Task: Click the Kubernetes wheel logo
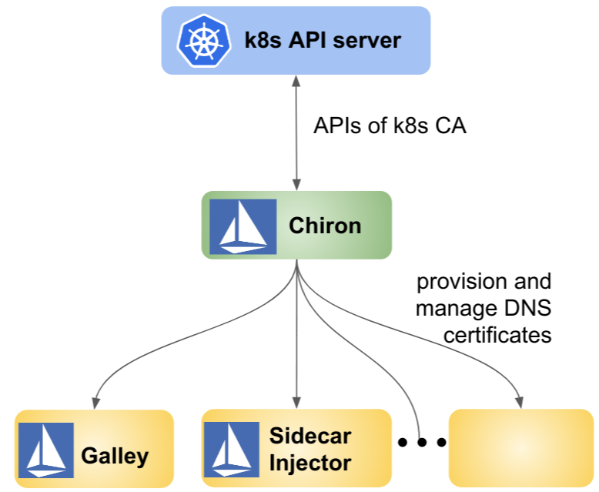pyautogui.click(x=203, y=41)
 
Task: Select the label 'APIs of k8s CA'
pyautogui.click(x=390, y=126)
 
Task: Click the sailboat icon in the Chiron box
pyautogui.click(x=243, y=226)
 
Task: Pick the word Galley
pyautogui.click(x=115, y=455)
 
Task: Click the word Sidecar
pyautogui.click(x=310, y=436)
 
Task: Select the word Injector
pyautogui.click(x=310, y=464)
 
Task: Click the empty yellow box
pyautogui.click(x=520, y=447)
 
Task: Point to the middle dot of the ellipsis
pyautogui.click(x=422, y=442)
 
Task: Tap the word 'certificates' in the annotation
pyautogui.click(x=497, y=335)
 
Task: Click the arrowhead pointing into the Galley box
pyautogui.click(x=95, y=402)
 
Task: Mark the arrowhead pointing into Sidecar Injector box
pyautogui.click(x=296, y=402)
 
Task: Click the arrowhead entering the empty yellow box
pyautogui.click(x=520, y=402)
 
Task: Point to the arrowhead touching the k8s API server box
pyautogui.click(x=296, y=80)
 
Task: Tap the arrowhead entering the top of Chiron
pyautogui.click(x=296, y=186)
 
